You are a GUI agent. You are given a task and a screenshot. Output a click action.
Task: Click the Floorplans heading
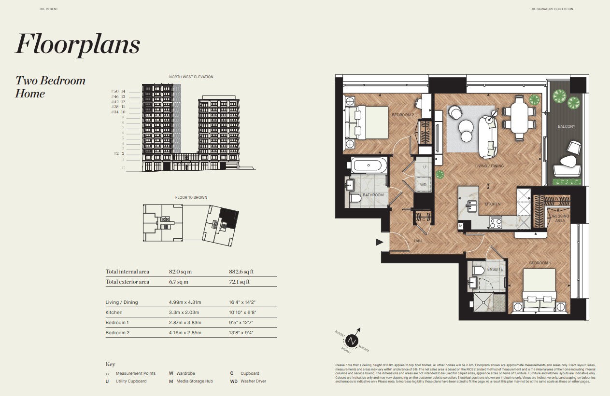(x=78, y=44)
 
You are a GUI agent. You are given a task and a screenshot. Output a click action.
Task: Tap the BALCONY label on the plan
(x=567, y=126)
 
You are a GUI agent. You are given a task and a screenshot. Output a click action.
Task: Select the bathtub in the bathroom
(x=369, y=165)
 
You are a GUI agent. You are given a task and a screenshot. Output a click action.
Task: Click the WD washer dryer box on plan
(x=423, y=185)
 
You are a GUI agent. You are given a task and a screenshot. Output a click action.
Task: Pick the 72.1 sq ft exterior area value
(x=242, y=282)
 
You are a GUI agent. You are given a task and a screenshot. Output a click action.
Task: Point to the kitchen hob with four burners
(x=496, y=222)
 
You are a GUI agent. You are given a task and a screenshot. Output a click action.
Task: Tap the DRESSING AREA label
(x=560, y=218)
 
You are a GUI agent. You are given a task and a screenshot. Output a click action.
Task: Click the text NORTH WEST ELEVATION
(x=191, y=77)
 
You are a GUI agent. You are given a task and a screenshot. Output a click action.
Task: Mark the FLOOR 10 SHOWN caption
(x=191, y=197)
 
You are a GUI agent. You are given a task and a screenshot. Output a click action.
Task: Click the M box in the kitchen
(x=461, y=225)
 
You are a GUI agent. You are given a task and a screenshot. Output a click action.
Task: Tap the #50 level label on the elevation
(x=115, y=91)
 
